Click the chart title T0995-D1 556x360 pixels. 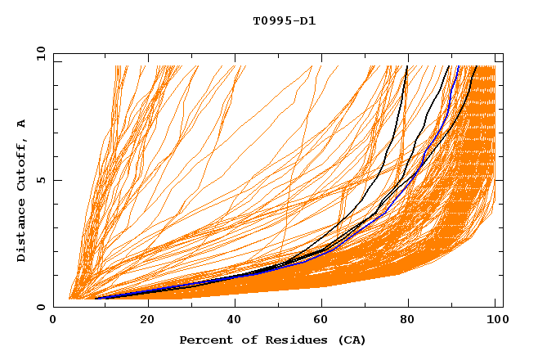[x=284, y=21]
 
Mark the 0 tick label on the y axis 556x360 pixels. [x=42, y=307]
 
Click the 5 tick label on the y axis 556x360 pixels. [x=42, y=180]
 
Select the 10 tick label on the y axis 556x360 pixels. [x=38, y=53]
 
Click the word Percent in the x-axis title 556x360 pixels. [x=203, y=340]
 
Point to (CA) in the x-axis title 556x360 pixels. [x=350, y=340]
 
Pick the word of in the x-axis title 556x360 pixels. [x=242, y=340]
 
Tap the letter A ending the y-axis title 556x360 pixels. [x=22, y=123]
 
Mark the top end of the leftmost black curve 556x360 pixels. [x=406, y=67]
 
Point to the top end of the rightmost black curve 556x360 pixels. [x=477, y=67]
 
